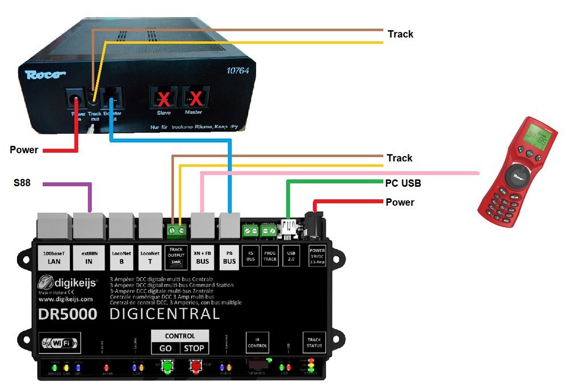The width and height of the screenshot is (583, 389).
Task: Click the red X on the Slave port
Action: click(x=163, y=100)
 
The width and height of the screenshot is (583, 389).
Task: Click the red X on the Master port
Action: click(x=196, y=100)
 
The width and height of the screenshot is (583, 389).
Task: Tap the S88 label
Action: click(x=22, y=183)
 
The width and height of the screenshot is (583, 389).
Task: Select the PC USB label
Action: click(x=403, y=183)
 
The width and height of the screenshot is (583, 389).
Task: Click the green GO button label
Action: click(x=166, y=348)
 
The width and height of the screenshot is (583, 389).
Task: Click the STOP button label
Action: click(x=195, y=348)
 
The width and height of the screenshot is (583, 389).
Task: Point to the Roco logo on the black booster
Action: click(x=45, y=75)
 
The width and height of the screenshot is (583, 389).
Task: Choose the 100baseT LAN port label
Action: click(x=52, y=258)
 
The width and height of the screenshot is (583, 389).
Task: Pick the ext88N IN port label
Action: click(x=88, y=258)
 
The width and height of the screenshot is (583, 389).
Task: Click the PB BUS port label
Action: click(x=229, y=258)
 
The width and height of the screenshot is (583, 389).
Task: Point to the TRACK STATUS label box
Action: click(x=314, y=342)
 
